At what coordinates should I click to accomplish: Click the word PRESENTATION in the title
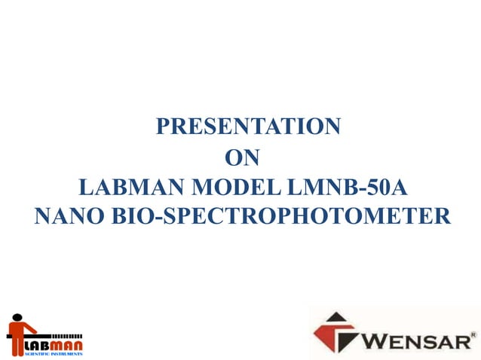pos(248,127)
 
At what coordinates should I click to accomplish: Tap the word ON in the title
pos(243,158)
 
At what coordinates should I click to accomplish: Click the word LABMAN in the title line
pos(127,187)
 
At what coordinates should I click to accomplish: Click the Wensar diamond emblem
pos(336,333)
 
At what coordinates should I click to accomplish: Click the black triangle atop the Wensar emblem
pos(336,319)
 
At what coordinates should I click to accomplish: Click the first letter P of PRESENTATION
pos(162,127)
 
